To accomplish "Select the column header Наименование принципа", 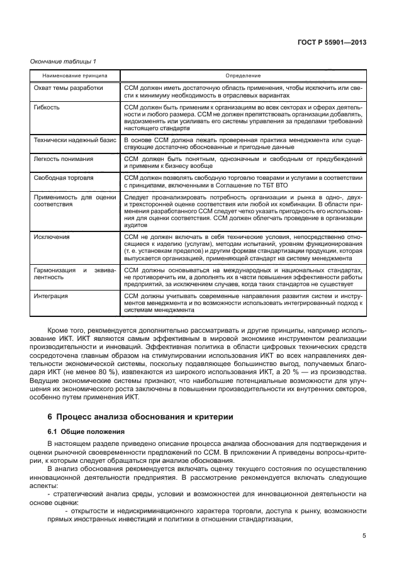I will click(71, 75).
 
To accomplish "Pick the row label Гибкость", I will click(47, 108).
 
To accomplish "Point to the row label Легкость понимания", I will click(63, 159).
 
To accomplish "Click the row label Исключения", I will click(52, 237).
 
